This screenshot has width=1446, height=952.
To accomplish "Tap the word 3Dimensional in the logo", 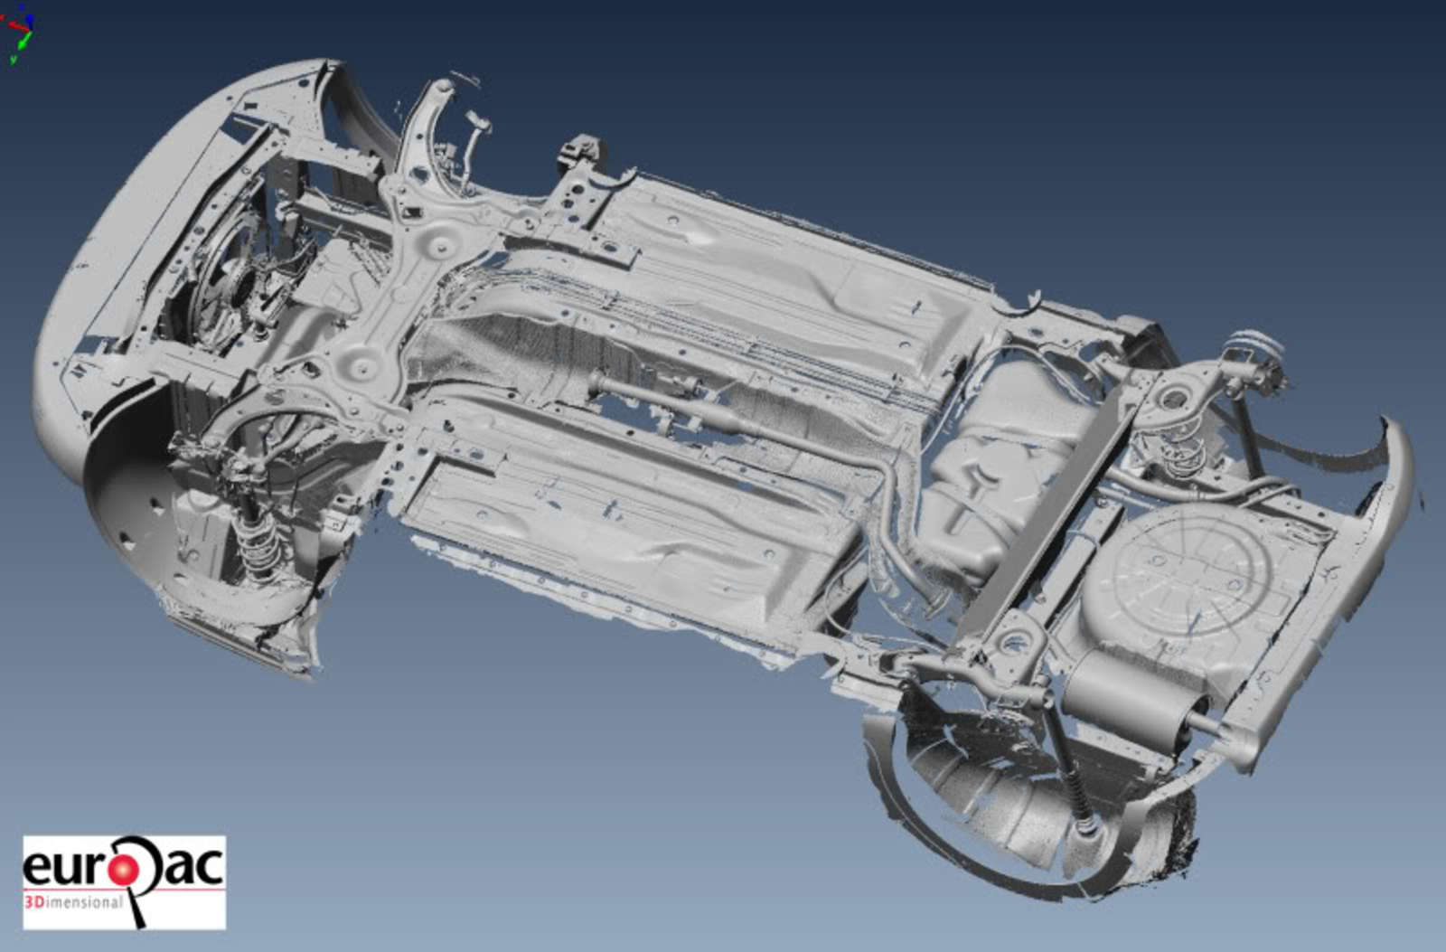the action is click(x=73, y=901).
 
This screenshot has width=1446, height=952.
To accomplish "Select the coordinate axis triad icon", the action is click(x=19, y=33).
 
